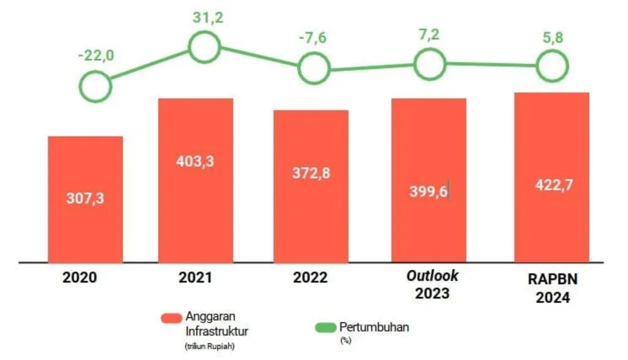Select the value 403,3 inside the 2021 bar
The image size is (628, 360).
195,163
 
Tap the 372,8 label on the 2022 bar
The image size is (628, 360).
310,174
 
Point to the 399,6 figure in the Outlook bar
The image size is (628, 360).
428,191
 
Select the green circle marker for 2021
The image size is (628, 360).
204,47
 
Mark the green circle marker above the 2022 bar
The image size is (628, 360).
314,68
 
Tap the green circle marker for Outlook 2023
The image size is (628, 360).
429,63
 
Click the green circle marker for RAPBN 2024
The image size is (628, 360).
552,65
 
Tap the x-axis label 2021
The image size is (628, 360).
195,278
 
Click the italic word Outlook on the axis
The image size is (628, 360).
433,275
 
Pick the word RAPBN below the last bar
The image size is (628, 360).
551,280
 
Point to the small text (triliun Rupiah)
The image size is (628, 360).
209,347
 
